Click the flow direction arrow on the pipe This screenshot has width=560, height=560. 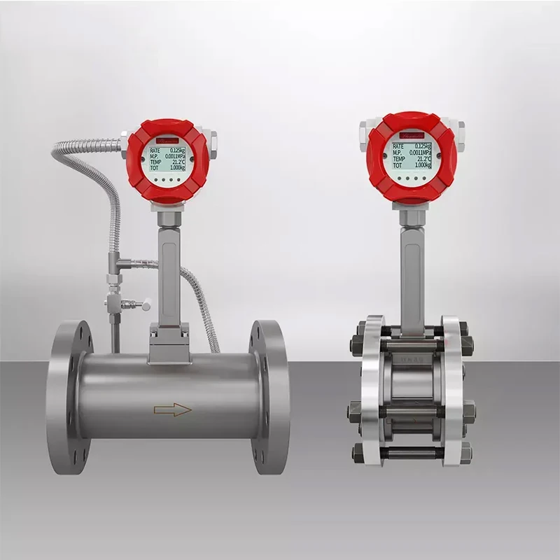click(x=172, y=410)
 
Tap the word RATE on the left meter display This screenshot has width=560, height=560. click(x=155, y=150)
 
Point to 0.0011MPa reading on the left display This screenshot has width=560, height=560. click(x=172, y=156)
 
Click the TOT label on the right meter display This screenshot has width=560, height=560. click(x=397, y=166)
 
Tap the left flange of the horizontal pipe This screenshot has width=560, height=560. click(x=68, y=397)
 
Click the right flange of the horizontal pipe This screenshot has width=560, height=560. click(x=269, y=397)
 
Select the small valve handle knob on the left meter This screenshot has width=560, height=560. click(x=146, y=305)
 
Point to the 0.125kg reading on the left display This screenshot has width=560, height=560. click(x=176, y=150)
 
